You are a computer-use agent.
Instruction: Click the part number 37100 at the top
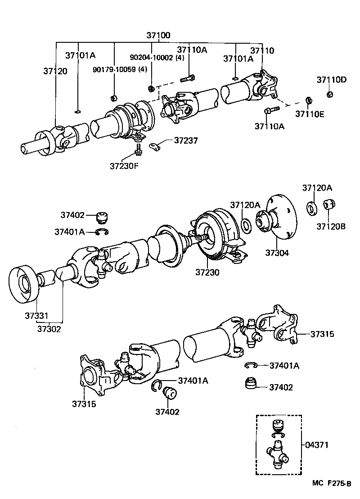(x=158, y=35)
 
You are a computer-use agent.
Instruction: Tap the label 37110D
(x=331, y=80)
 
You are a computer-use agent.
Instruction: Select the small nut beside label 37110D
(x=329, y=94)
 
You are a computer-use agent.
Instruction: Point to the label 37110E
(x=310, y=114)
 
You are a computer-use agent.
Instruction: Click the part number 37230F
(x=124, y=165)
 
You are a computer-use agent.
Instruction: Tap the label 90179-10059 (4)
(x=120, y=69)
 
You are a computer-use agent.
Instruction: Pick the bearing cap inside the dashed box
(x=278, y=425)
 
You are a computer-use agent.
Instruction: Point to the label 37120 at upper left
(x=55, y=71)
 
